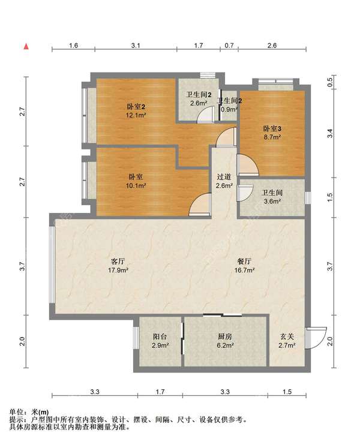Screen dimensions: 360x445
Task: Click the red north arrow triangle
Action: pos(26,46)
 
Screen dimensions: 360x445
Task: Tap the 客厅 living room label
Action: pos(118,261)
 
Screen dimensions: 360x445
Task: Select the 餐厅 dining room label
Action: pos(244,261)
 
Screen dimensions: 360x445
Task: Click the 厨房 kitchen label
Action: pos(225,336)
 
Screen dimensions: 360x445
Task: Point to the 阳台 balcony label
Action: pos(160,336)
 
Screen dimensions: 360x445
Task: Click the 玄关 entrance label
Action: pos(287,336)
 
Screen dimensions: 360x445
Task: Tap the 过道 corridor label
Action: pos(224,177)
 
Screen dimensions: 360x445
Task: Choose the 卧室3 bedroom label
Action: pos(272,128)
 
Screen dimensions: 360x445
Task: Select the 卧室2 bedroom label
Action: pos(136,107)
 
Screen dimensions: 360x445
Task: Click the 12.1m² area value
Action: pos(136,115)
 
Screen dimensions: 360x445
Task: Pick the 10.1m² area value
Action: pos(136,185)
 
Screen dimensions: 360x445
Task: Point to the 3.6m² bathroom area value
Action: pos(272,202)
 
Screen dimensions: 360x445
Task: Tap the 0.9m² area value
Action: pos(229,109)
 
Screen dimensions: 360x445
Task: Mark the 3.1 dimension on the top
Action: pos(136,46)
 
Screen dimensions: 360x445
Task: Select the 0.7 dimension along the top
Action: pos(229,46)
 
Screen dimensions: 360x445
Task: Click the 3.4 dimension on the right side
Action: pos(329,133)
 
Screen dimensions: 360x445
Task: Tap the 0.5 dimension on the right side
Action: pos(329,83)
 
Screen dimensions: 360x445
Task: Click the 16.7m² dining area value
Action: pos(244,270)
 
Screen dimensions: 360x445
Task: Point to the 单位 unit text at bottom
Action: pos(16,412)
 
